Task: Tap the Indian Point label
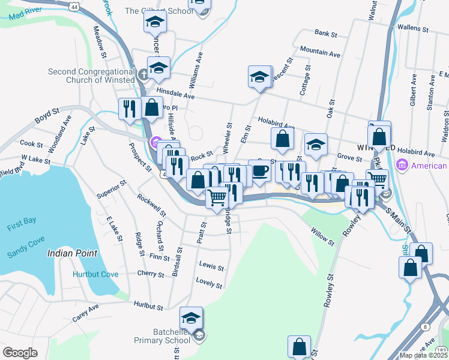coord(72,253)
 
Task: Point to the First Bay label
coord(23,227)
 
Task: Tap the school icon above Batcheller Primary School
coord(191,317)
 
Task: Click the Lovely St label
coord(209,283)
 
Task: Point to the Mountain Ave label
coord(321,52)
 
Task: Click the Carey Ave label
coord(85,312)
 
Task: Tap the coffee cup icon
coord(259,170)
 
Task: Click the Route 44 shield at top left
coord(73,5)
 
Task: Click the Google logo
coord(20,353)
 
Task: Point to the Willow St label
coord(322,236)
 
